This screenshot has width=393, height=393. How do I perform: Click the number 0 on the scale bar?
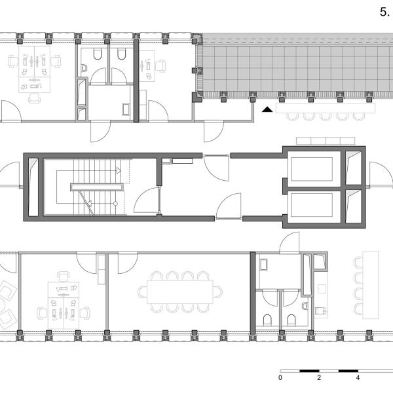[280, 377]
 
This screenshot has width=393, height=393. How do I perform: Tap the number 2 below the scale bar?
[319, 377]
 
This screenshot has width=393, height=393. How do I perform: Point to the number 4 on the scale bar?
[358, 377]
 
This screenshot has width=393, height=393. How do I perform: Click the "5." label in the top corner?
[384, 12]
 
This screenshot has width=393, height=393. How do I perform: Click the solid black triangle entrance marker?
[267, 109]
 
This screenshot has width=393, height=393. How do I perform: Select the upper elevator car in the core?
[312, 169]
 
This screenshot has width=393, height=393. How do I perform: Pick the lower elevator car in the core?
[312, 205]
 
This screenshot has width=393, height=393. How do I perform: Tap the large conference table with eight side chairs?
[180, 292]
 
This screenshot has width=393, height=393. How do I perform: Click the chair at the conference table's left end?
[142, 292]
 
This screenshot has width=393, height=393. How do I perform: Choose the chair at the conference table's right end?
[218, 292]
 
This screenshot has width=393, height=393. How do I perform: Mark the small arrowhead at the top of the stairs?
[119, 171]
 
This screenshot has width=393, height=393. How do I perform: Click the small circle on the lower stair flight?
[115, 204]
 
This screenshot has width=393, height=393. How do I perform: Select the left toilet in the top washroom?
[98, 54]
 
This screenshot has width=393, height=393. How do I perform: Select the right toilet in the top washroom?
[121, 54]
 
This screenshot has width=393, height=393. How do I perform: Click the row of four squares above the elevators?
[326, 141]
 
